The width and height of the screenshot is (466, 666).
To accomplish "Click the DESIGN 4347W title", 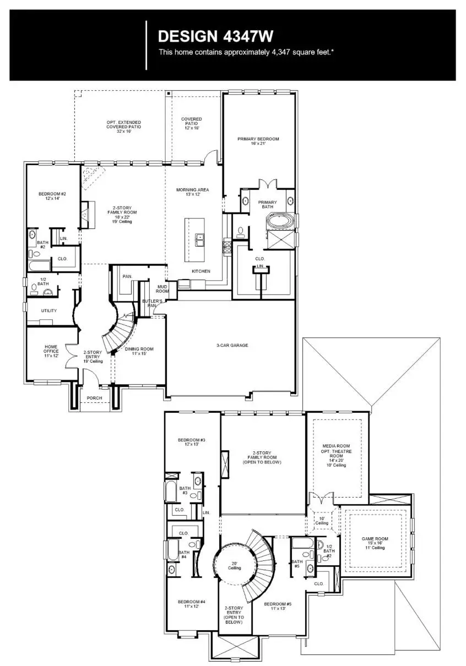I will (x=215, y=36).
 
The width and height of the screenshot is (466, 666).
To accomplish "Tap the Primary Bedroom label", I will (x=258, y=141).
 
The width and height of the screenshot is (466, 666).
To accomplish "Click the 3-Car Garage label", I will (x=231, y=346).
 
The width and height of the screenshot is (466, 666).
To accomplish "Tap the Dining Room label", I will (x=139, y=351).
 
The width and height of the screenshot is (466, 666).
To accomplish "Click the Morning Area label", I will (x=192, y=192).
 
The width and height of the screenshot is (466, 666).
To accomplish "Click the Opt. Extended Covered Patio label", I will (x=123, y=126).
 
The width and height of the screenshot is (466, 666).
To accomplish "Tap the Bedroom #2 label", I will (x=52, y=196).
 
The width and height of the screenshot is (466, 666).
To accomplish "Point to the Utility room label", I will (x=49, y=311).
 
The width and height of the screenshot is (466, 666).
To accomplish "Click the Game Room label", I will (x=375, y=543).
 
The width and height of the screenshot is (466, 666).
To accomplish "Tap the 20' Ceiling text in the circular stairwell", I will (x=234, y=565).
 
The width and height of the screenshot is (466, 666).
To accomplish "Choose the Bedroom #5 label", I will (x=278, y=607).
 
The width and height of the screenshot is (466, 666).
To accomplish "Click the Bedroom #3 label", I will (x=192, y=442).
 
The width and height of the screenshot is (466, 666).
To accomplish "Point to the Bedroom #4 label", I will (x=192, y=604).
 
